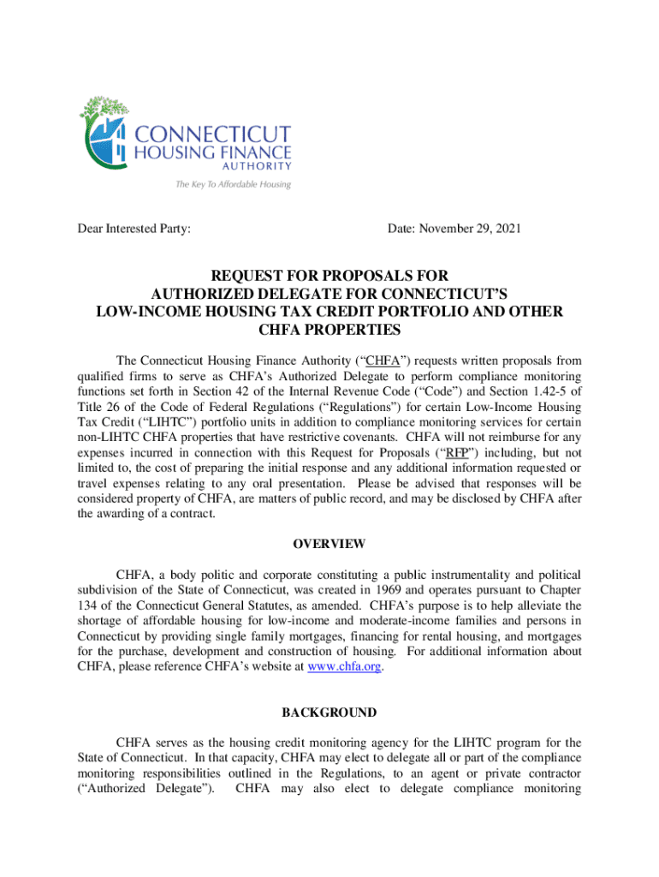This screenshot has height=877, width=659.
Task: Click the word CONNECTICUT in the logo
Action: [212, 134]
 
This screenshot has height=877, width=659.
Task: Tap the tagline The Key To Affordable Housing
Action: [233, 184]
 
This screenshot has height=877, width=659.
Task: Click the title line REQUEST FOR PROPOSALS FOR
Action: [329, 276]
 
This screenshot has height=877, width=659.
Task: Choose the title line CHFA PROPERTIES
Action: [329, 330]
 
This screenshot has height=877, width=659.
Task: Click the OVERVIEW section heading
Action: [329, 544]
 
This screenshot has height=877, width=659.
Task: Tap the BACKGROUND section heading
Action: [329, 713]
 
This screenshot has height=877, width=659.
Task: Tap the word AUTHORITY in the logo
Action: [256, 166]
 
